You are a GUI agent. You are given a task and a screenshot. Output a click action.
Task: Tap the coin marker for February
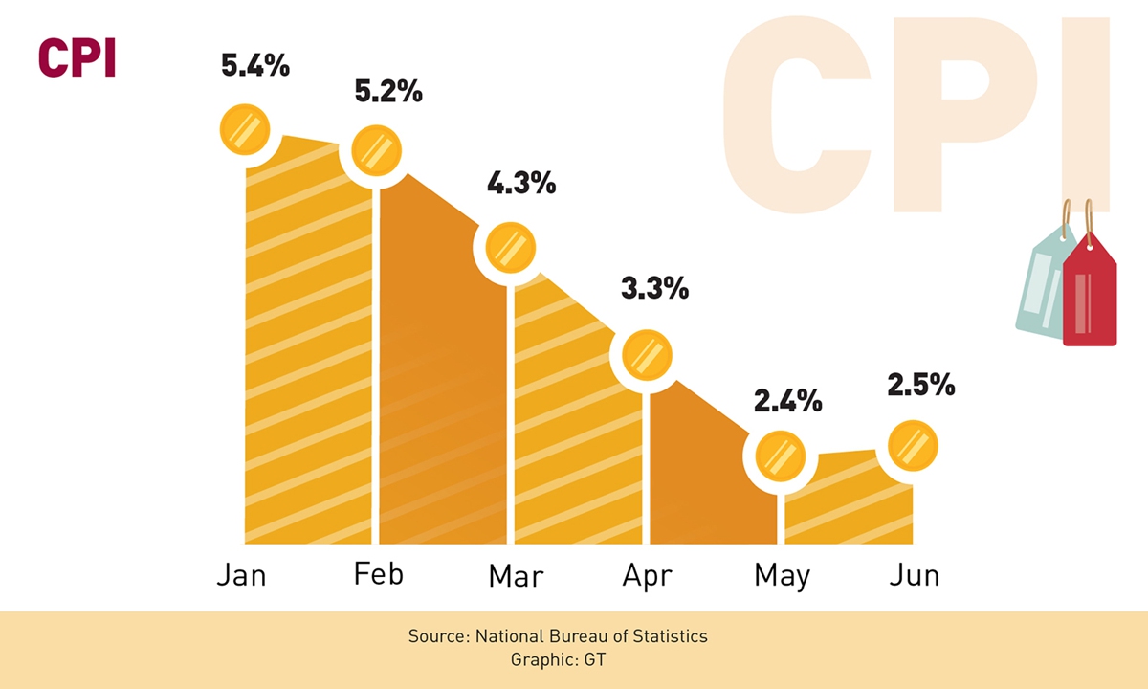377,149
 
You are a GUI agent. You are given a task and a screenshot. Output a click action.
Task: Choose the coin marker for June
913,444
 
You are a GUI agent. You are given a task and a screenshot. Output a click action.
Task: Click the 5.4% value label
255,66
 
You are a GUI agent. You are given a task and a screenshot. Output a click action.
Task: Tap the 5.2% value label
387,92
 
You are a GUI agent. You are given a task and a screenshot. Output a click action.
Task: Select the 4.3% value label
521,183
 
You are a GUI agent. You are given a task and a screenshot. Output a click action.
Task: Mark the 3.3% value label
655,288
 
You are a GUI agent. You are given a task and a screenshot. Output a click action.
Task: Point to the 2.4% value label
788,400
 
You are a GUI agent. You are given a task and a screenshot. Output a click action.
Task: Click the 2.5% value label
921,385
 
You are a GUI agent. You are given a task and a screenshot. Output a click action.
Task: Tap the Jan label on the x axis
241,575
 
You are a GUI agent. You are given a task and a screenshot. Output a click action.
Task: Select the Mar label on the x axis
516,576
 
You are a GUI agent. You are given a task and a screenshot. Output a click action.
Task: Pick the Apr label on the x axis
647,576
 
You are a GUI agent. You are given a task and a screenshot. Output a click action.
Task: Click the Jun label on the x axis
914,575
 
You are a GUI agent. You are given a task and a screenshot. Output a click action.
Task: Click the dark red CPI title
77,58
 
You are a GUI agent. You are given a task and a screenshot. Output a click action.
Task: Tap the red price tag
1089,292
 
